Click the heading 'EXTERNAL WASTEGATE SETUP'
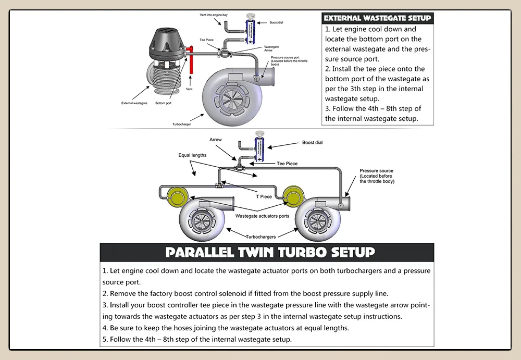click(x=377, y=18)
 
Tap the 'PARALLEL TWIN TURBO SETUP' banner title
click(x=270, y=253)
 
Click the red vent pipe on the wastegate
click(x=192, y=60)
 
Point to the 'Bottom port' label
click(x=163, y=103)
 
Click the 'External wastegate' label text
click(x=134, y=103)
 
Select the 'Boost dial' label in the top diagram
click(x=277, y=23)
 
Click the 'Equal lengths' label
click(x=192, y=155)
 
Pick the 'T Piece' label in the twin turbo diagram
click(x=263, y=196)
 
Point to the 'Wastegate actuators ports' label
click(x=262, y=216)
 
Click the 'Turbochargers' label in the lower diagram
click(x=261, y=237)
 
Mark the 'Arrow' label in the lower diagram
click(x=216, y=140)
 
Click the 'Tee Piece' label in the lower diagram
click(x=287, y=164)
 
